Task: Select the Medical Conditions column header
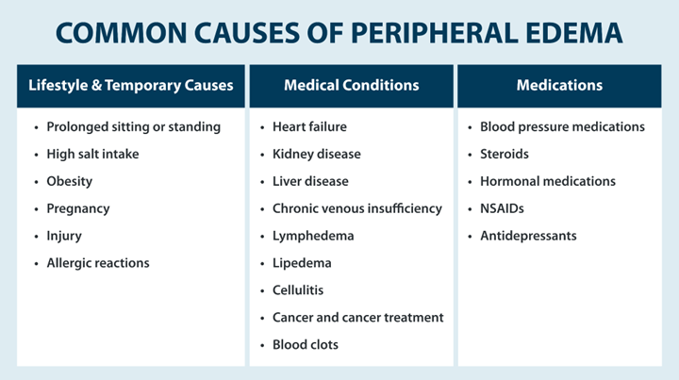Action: coord(351,86)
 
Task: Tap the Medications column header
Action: coord(559,86)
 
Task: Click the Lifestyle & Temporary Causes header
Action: coord(130,86)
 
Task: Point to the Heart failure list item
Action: coord(309,126)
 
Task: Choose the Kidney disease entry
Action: coord(316,154)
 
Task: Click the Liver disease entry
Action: coord(310,181)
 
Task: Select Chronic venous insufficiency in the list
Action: coord(356,208)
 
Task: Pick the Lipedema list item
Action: coord(302,263)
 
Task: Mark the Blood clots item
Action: coord(305,345)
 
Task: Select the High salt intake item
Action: coord(92,154)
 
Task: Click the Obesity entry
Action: coord(70,181)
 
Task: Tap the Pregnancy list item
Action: coord(77,208)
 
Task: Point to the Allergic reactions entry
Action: coord(97,263)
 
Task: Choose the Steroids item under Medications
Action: coord(505,154)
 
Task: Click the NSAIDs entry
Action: coord(502,208)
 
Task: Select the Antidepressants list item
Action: coord(527,236)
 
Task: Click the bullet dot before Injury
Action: coord(36,237)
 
